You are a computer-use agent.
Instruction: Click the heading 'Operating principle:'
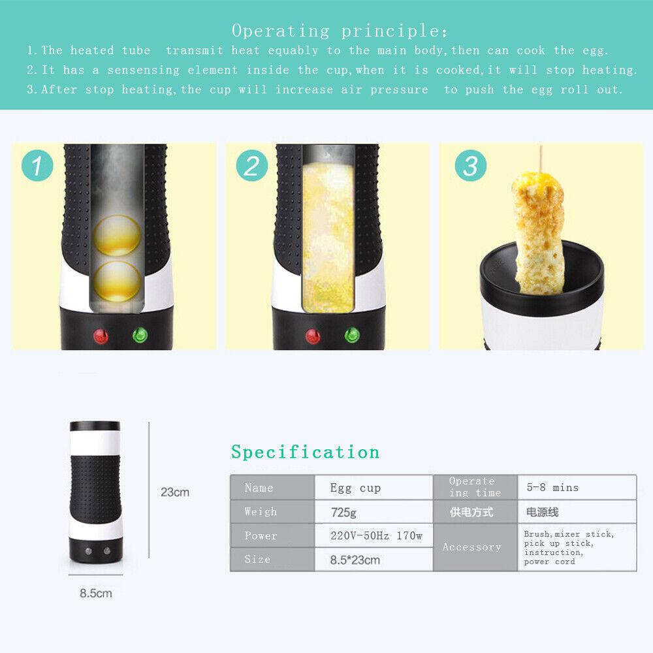340,31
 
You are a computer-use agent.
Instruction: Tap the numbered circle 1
37,165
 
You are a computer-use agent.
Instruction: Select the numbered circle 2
252,165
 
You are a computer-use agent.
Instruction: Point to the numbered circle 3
471,165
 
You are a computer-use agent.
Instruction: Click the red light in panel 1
101,336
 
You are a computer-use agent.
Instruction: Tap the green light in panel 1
140,335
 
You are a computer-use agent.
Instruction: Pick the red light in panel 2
313,336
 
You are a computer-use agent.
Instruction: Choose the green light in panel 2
352,335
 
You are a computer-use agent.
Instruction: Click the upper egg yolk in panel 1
117,235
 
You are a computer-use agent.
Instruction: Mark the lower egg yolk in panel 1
117,281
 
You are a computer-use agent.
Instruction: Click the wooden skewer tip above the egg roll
541,146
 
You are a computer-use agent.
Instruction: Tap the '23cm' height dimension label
175,492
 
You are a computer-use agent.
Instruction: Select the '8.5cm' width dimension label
96,593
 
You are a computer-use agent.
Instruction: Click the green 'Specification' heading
305,453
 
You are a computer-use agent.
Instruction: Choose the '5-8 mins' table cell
577,487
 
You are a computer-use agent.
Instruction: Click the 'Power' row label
261,535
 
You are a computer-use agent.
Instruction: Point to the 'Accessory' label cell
472,547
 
